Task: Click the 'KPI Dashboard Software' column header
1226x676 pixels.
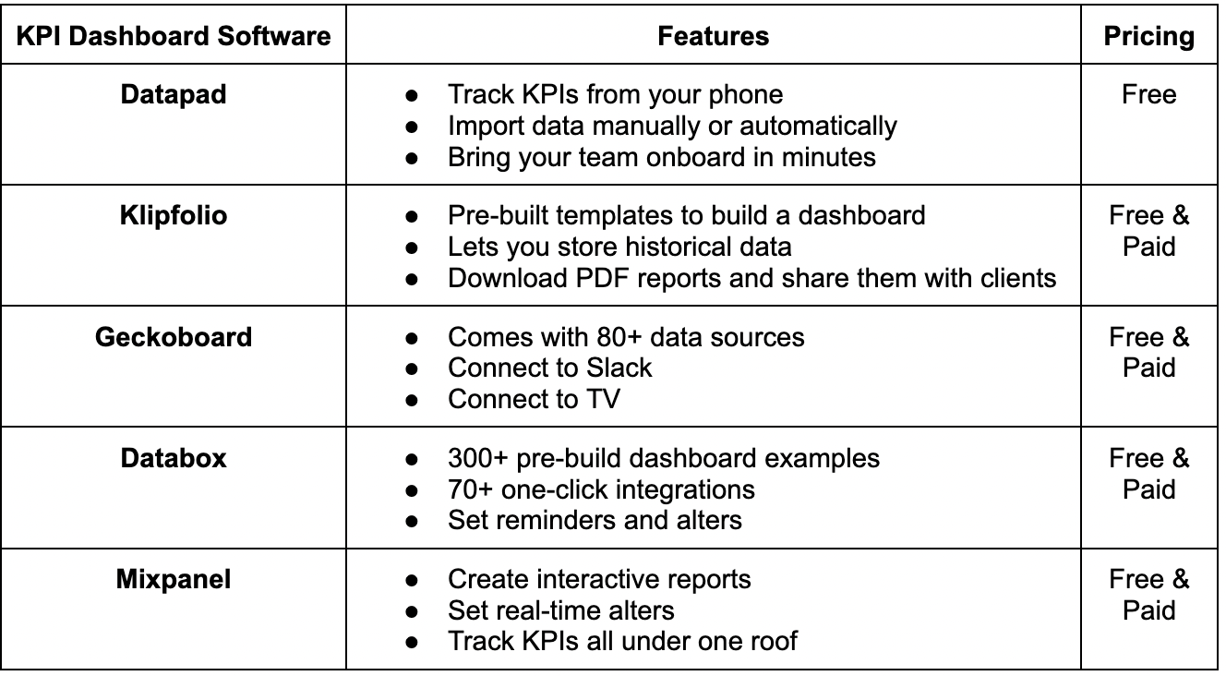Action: point(174,37)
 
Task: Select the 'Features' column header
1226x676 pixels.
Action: point(713,37)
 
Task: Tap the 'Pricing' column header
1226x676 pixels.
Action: point(1148,37)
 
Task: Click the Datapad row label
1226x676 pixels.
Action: point(174,95)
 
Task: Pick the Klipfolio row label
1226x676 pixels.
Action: point(174,216)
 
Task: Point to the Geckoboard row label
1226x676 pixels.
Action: point(174,337)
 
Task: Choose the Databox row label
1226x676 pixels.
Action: point(174,458)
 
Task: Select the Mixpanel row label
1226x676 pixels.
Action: point(174,580)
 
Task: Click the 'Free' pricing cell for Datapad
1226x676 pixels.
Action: point(1148,95)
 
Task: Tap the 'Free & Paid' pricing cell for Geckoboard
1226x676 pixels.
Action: point(1148,353)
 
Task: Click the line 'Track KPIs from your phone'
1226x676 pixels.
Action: point(615,95)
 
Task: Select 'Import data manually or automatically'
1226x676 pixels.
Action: point(672,127)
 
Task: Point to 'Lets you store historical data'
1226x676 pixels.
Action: point(619,247)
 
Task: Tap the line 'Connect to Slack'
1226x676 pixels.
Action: point(550,368)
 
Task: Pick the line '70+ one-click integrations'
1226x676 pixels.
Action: point(601,489)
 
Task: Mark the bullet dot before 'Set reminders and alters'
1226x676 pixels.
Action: point(412,522)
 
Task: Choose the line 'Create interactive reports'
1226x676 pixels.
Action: point(599,580)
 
